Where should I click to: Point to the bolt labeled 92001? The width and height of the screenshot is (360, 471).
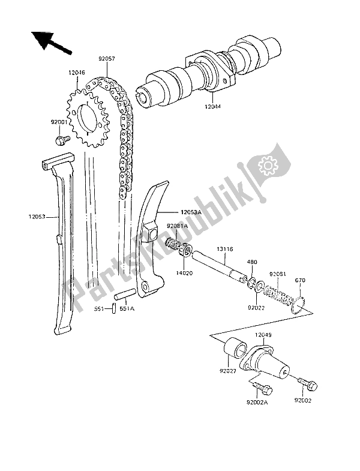61,140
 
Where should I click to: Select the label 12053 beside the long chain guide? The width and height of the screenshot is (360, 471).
39,217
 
